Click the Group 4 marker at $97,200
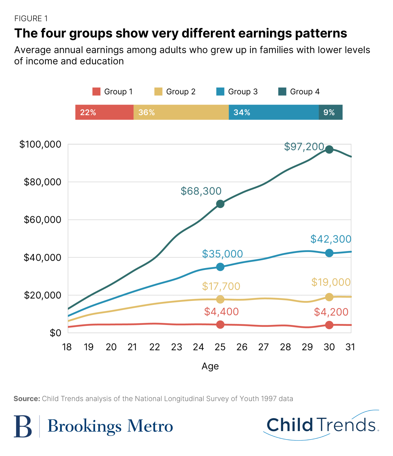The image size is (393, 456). tap(329, 149)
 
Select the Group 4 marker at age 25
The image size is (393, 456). tap(220, 204)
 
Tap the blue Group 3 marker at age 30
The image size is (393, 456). tap(329, 253)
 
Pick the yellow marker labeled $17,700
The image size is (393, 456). tap(220, 299)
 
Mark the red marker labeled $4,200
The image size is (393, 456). tap(329, 325)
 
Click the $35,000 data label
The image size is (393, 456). tap(223, 254)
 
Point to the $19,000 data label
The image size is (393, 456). tap(331, 282)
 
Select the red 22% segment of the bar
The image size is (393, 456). tap(104, 112)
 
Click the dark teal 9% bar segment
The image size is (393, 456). tap(331, 112)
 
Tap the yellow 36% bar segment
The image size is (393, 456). tap(181, 112)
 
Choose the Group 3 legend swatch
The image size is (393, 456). tap(220, 92)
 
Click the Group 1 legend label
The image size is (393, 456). tap(118, 92)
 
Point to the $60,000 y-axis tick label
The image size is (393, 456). tap(43, 219)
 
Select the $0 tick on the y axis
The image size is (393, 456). tap(55, 333)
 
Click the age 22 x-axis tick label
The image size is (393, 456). tap(155, 347)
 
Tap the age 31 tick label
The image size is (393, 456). tap(350, 347)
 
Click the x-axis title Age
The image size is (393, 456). tap(210, 366)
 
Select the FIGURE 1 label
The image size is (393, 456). tap(31, 19)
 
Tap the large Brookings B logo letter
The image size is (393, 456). tap(23, 426)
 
